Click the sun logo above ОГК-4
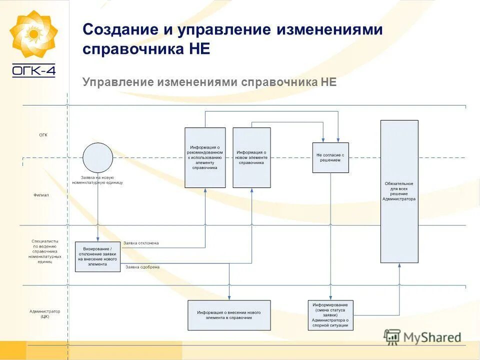pos(33,34)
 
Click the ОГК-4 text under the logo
pos(33,70)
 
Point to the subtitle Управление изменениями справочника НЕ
pos(209,82)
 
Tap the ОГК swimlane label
pos(43,135)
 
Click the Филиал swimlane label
pos(41,195)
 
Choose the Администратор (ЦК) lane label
pos(45,314)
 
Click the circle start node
pos(97,157)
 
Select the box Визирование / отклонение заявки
pos(97,256)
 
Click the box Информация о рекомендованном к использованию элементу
pos(205,157)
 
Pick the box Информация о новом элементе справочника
pos(251,157)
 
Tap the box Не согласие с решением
pos(330,157)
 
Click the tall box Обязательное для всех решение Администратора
pos(399,191)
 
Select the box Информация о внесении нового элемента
pos(229,315)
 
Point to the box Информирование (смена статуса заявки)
pos(330,315)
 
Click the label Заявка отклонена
pos(141,243)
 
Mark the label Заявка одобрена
pos(142,267)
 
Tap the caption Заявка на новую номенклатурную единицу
pos(97,180)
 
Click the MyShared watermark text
pos(431,338)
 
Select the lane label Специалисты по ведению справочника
pos(45,251)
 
